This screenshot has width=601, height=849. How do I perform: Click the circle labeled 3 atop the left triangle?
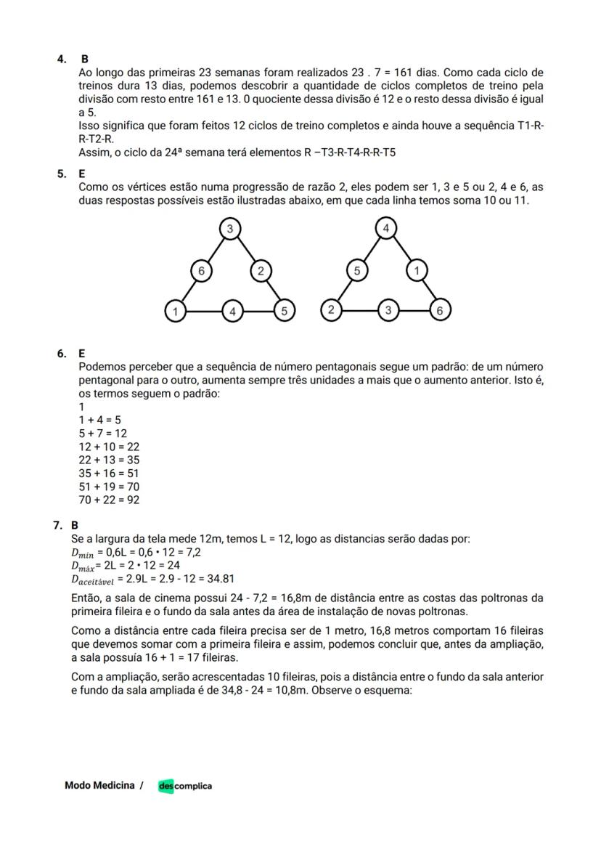click(230, 229)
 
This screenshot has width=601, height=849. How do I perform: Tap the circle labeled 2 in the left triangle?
click(261, 271)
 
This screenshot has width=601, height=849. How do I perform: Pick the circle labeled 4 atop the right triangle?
click(386, 229)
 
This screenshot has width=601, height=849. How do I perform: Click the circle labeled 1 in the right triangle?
click(416, 271)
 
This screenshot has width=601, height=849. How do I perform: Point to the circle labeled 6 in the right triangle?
click(440, 311)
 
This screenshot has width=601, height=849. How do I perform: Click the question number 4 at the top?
click(62, 59)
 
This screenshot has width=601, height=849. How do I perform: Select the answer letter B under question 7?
click(75, 525)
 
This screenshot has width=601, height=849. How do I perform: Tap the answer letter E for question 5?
click(81, 174)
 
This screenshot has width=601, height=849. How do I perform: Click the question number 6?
click(62, 354)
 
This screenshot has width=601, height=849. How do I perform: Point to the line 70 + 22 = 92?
click(109, 500)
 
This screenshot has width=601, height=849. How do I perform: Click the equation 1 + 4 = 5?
click(99, 420)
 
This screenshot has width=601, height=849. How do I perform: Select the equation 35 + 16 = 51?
click(109, 473)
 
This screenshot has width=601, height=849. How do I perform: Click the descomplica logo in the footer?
click(185, 786)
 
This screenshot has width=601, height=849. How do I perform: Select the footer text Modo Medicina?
click(99, 785)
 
